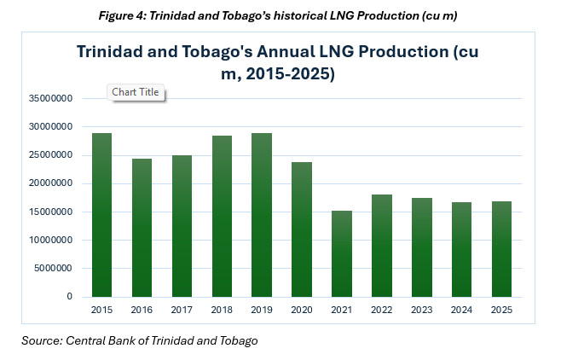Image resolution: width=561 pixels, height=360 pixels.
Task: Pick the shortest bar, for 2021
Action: (x=342, y=253)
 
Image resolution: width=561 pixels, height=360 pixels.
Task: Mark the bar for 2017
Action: (x=181, y=226)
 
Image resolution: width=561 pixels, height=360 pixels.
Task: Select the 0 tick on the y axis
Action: (x=69, y=297)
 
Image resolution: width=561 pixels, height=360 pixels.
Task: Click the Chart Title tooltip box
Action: (x=136, y=92)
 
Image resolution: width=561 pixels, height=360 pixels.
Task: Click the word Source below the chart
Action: (x=39, y=341)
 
